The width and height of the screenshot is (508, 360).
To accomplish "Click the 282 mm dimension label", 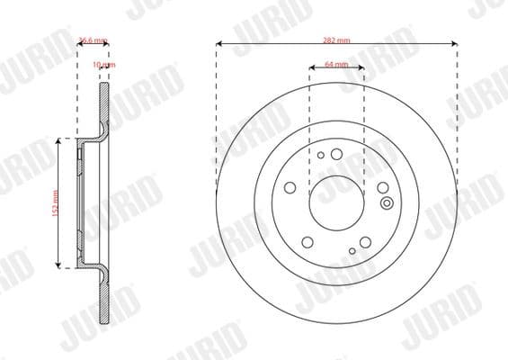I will coord(337,41).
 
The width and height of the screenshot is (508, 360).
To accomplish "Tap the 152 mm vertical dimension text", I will coord(55,202).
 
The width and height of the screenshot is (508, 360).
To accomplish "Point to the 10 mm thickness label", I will coord(105,66).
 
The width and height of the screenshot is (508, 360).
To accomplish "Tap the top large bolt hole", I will coord(336,155).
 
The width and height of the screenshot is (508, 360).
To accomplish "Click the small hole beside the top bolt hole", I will coord(321,155).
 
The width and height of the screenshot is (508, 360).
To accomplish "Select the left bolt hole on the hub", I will coord(290,187).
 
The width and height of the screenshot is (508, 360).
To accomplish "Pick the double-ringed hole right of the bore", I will coord(387,202).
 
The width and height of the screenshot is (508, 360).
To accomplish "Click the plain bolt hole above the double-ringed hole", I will coord(383,187).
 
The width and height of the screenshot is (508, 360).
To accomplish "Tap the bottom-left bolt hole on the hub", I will coord(307,241).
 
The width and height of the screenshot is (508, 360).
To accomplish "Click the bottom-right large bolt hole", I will coord(367,241).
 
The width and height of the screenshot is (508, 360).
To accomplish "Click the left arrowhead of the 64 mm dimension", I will coord(312,66).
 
